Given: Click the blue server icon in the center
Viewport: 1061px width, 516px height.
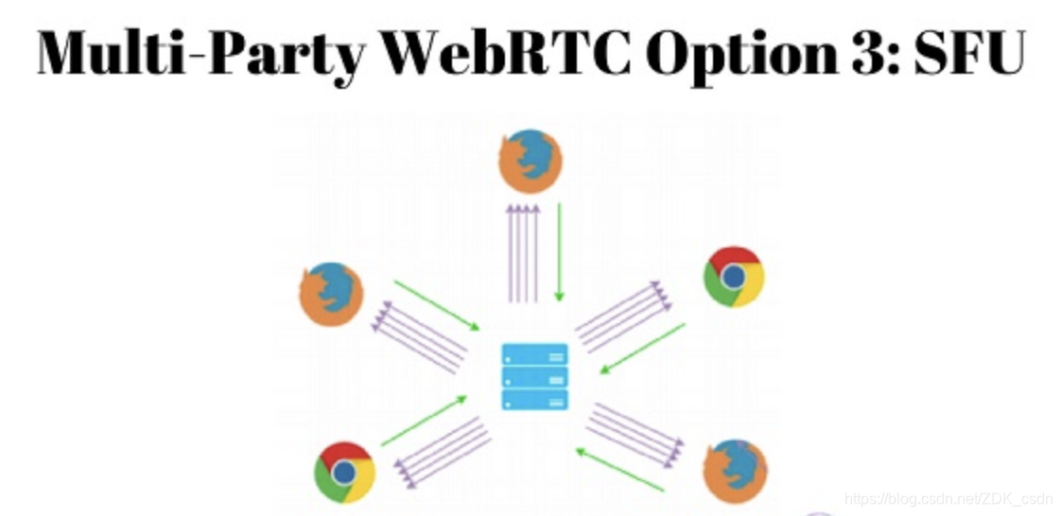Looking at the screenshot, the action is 534,377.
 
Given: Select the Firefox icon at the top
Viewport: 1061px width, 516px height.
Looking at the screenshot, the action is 530,161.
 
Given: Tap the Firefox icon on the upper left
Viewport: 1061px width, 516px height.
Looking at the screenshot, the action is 331,294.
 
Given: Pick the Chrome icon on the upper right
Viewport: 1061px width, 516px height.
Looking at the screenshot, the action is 733,277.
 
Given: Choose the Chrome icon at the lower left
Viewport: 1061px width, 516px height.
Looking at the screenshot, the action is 344,472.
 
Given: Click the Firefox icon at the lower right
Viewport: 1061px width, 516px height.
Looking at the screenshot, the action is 735,470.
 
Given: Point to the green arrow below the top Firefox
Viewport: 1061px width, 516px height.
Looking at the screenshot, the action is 559,252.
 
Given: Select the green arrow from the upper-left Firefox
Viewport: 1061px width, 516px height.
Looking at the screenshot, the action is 437,305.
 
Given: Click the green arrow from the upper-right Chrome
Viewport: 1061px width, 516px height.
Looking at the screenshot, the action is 642,349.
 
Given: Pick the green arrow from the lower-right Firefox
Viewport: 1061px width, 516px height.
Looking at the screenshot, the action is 620,470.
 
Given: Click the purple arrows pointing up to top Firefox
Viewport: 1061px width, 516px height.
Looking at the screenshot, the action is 523,252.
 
